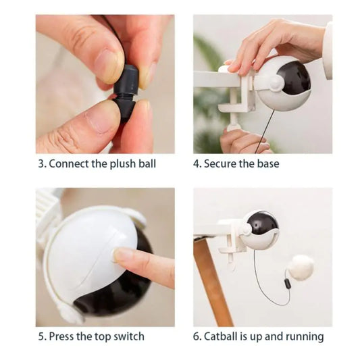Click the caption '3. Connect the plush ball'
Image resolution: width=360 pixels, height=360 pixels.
(96, 163)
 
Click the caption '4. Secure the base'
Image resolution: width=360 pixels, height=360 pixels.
(236, 163)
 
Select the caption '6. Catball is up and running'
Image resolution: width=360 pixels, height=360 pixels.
(259, 336)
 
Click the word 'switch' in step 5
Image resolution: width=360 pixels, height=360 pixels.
(128, 336)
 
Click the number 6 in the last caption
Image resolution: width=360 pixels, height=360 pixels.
(197, 336)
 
